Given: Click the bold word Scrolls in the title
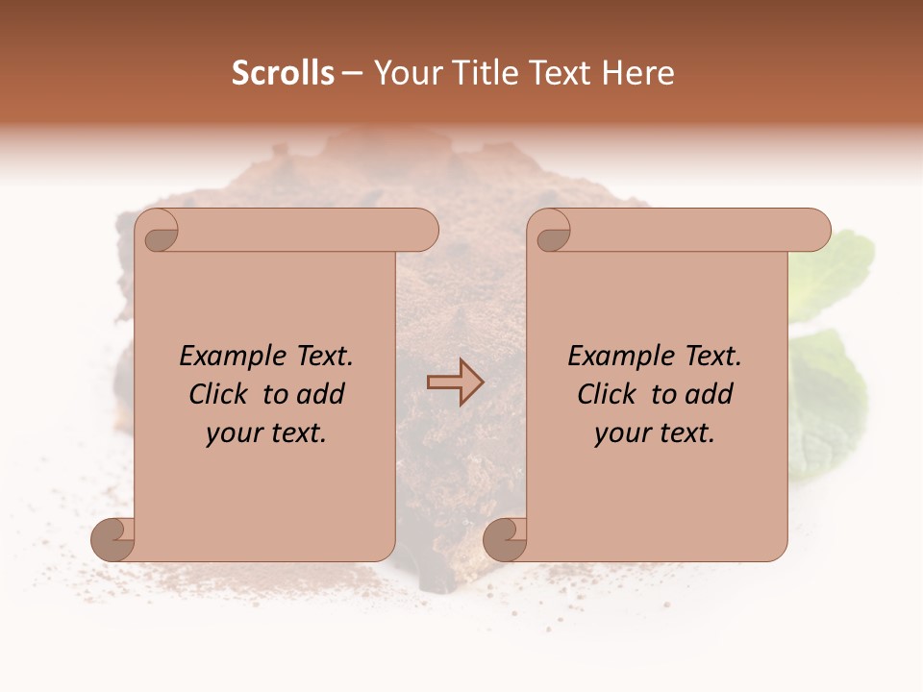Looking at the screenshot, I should point(283,73).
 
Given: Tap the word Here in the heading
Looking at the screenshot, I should point(637,73).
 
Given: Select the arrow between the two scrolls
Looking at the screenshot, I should point(455,383).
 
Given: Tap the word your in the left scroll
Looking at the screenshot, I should point(232,433).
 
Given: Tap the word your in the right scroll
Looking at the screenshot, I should point(620,433).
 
